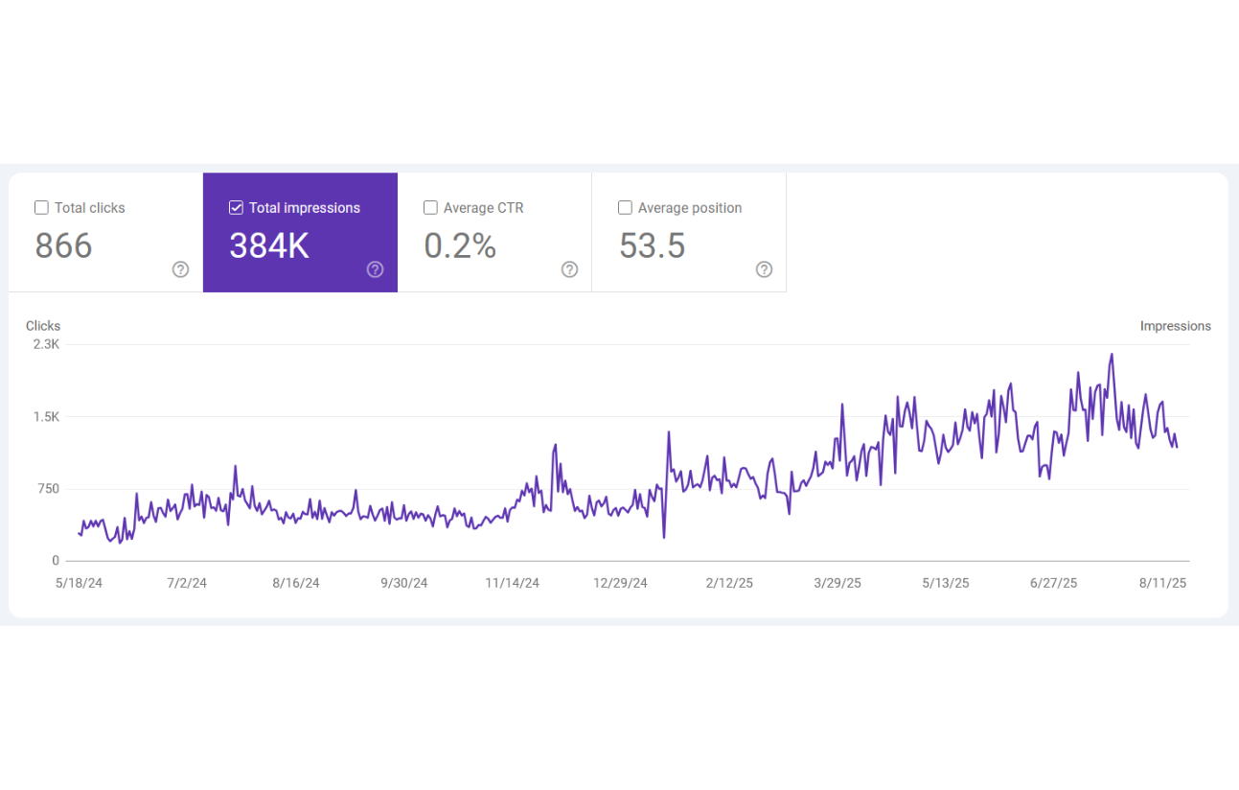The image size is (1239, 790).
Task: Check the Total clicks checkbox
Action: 41,208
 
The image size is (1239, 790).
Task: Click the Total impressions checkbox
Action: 236,208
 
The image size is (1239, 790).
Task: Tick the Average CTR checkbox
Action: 430,208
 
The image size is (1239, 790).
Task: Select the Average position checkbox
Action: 625,208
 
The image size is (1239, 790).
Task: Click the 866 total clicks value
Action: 64,246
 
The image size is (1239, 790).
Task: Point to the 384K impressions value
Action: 269,246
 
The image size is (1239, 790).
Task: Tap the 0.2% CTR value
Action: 460,246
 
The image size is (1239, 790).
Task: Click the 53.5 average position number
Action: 652,246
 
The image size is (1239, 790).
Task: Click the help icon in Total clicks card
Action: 180,269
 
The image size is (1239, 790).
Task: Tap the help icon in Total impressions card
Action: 375,269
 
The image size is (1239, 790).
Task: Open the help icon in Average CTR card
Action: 569,269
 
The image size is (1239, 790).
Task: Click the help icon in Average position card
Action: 764,269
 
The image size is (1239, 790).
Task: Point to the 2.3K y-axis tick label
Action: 46,344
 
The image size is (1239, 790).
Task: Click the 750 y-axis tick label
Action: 48,489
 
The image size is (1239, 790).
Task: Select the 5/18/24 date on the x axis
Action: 80,583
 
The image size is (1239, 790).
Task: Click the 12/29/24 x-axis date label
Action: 620,583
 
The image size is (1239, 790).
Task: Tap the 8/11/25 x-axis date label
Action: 1162,583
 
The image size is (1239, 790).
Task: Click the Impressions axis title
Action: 1175,326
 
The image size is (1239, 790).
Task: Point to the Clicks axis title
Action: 43,326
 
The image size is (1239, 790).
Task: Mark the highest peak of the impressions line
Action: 1112,355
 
